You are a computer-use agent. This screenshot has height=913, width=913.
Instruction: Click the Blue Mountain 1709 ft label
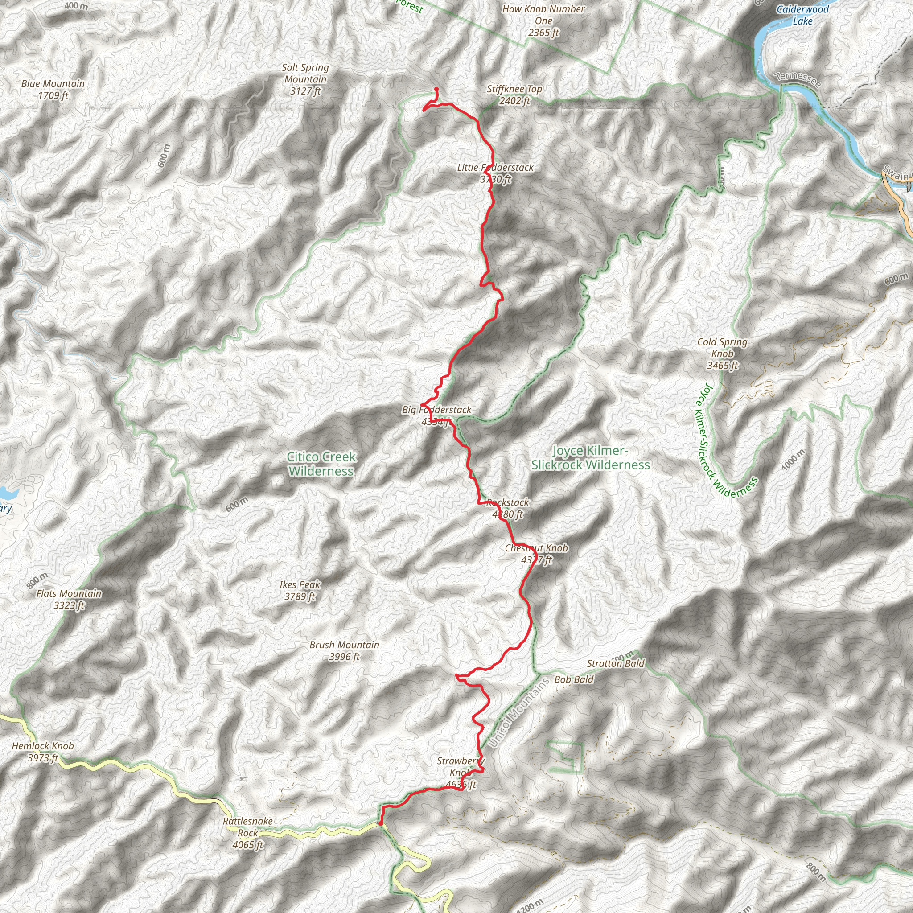(53, 89)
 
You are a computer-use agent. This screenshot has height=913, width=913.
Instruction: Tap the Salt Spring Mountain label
(305, 79)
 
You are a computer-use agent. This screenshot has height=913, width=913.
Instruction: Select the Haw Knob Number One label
(543, 21)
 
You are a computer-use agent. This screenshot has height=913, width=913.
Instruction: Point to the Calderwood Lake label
(802, 15)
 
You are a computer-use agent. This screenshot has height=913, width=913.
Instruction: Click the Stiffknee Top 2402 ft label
(514, 95)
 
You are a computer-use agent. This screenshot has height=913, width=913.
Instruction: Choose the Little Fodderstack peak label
(495, 173)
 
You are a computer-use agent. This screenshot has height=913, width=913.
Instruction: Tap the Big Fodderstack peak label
(436, 415)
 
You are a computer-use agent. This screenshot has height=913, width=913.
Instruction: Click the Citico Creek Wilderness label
(321, 464)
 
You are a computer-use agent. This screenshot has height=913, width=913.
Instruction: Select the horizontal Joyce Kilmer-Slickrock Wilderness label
(590, 457)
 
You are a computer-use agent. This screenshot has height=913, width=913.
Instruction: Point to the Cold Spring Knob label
(722, 354)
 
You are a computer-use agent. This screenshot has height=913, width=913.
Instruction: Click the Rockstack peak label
(507, 508)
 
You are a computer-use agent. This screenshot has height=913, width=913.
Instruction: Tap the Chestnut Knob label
(536, 554)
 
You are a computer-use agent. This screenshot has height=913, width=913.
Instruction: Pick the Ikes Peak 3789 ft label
(300, 590)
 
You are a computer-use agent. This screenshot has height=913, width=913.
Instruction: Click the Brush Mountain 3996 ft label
(344, 650)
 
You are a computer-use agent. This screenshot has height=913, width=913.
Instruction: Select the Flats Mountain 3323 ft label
(69, 599)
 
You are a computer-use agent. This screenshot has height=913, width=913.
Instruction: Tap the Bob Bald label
(574, 679)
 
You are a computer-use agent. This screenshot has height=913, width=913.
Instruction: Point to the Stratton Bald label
(615, 663)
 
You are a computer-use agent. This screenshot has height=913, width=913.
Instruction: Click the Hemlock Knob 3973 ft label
(42, 751)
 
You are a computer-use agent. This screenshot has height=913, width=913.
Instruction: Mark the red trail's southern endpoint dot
(380, 824)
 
